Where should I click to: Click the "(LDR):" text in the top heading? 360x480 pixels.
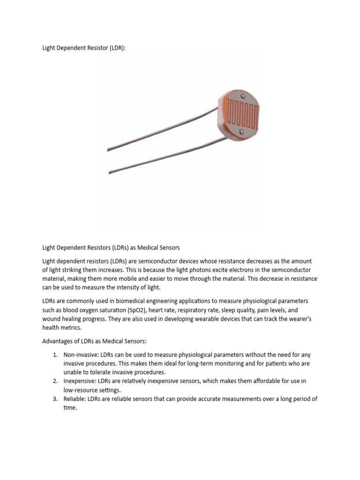pyautogui.click(x=115, y=48)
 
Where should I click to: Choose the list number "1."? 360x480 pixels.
pyautogui.click(x=55, y=355)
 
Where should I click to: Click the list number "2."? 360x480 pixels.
pyautogui.click(x=55, y=382)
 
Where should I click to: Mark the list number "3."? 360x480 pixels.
pyautogui.click(x=55, y=399)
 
